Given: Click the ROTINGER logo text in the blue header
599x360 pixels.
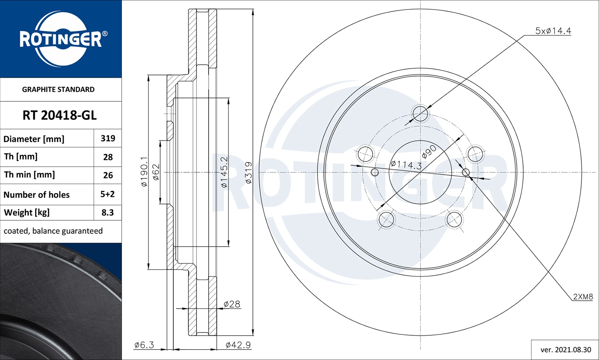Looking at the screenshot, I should pos(61,39).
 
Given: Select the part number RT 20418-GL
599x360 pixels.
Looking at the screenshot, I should pos(60,115).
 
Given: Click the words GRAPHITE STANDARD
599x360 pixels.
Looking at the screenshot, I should pos(58,89).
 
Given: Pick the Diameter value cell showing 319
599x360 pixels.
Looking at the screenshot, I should pos(108,138).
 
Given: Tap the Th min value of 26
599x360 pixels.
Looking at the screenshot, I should pos(108,175).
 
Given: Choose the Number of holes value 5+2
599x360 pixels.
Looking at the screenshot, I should pos(107,194).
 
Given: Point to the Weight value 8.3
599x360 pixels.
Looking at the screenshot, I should pos(107,213).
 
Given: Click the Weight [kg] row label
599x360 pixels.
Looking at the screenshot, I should pos(27,213).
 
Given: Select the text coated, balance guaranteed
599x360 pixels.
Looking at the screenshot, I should pos(53,231).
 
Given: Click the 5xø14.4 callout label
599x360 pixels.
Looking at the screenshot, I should pos(553,31).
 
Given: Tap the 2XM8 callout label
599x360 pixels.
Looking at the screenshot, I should pos(583,297).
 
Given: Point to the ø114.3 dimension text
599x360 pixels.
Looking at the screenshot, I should pos(406,164).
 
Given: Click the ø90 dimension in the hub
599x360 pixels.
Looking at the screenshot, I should pos(429,152).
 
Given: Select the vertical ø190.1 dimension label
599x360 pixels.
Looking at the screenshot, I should pos(144,172).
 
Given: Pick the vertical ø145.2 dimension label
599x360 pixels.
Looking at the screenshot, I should pos(224,172).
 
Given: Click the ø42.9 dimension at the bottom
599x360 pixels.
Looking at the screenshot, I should pos(238,345).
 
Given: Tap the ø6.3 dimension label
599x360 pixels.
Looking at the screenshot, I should pos(144,345).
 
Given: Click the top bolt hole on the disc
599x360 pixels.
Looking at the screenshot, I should pos(420,114).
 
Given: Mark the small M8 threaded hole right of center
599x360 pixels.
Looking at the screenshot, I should pos(466,172).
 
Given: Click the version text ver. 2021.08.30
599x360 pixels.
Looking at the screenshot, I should pos(565,350).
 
